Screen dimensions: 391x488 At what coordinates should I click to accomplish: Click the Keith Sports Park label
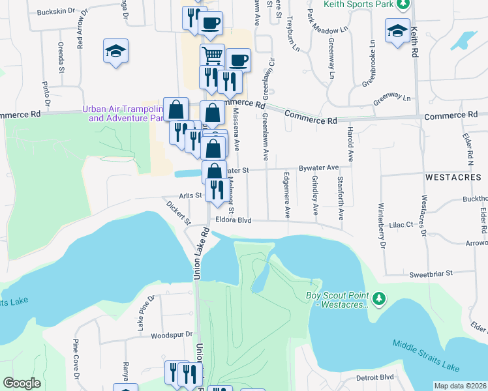[360, 4]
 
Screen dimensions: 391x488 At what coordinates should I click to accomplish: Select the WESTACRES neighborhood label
[453, 177]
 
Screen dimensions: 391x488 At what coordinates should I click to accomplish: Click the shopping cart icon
[212, 55]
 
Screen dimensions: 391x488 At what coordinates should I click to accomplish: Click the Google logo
[22, 383]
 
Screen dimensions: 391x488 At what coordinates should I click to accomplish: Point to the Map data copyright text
[460, 386]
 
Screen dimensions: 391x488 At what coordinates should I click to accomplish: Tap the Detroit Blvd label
[375, 377]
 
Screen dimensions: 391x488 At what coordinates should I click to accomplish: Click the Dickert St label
[178, 212]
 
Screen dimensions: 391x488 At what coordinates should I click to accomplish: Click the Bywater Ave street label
[318, 168]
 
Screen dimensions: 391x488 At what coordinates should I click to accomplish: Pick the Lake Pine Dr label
[145, 312]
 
